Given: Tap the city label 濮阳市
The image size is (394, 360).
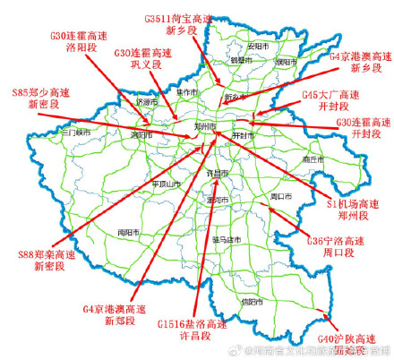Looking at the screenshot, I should click(285, 63).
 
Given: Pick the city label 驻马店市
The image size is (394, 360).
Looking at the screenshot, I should click(230, 240).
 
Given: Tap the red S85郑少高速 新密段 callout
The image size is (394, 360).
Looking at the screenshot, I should click(40, 98).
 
